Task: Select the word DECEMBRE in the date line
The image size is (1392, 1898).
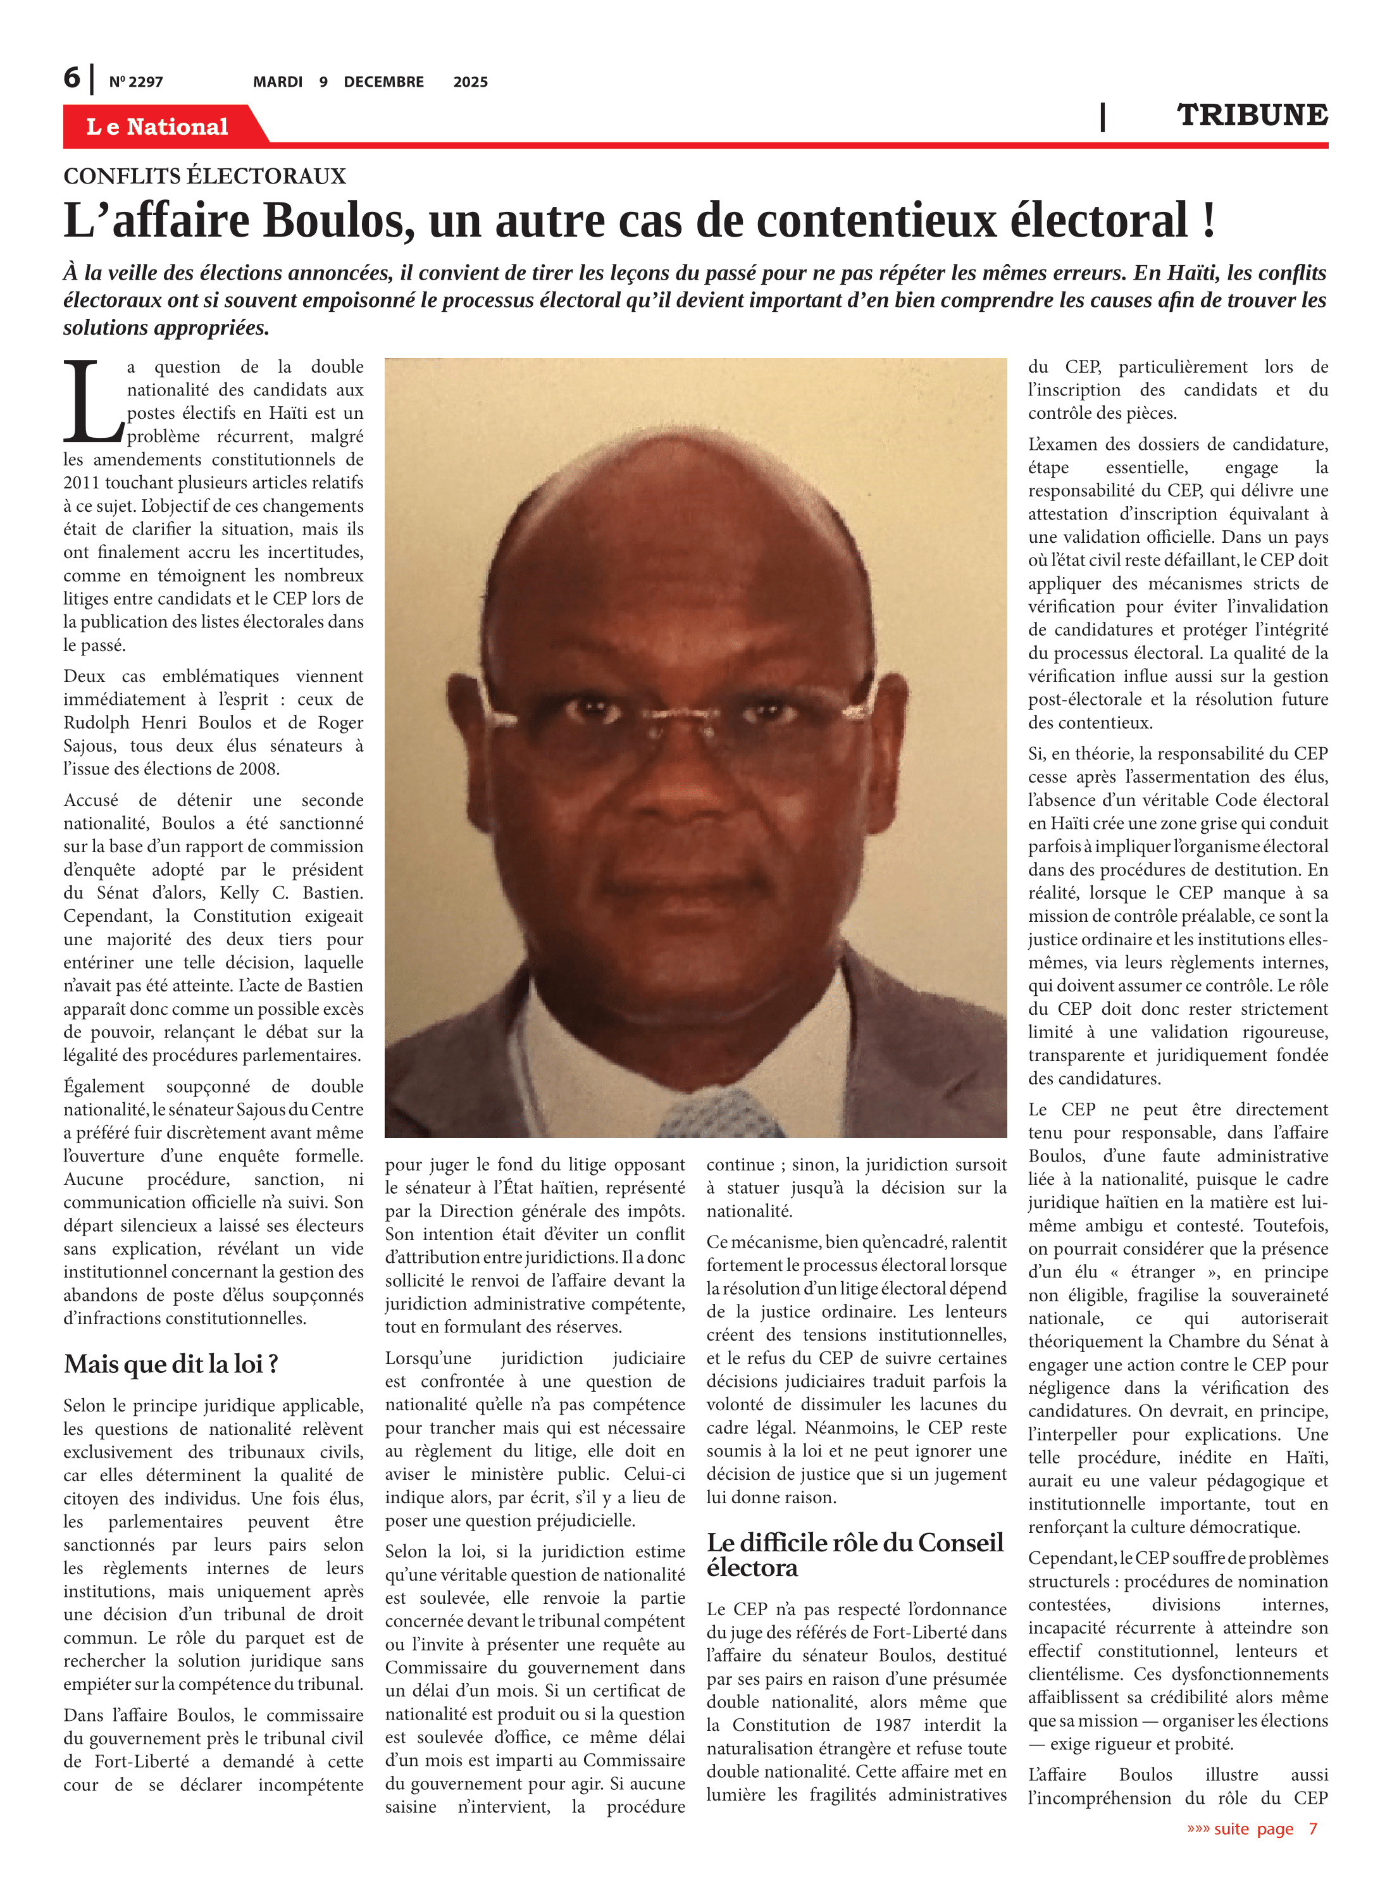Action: tap(383, 82)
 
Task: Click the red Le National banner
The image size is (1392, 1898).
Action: tap(158, 127)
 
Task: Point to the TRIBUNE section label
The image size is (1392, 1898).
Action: tap(1252, 115)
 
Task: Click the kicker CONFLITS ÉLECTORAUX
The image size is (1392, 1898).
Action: tap(205, 176)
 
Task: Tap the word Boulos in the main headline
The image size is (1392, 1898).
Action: tap(340, 221)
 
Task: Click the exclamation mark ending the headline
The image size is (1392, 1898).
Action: tap(1209, 221)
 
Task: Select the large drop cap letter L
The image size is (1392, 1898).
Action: tap(91, 402)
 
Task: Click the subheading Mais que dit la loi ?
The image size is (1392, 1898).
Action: tap(171, 1363)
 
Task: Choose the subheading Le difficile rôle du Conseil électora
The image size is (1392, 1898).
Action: tap(854, 1554)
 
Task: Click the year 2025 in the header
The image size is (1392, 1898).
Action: tap(470, 82)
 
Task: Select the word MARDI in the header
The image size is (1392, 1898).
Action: tap(277, 82)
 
